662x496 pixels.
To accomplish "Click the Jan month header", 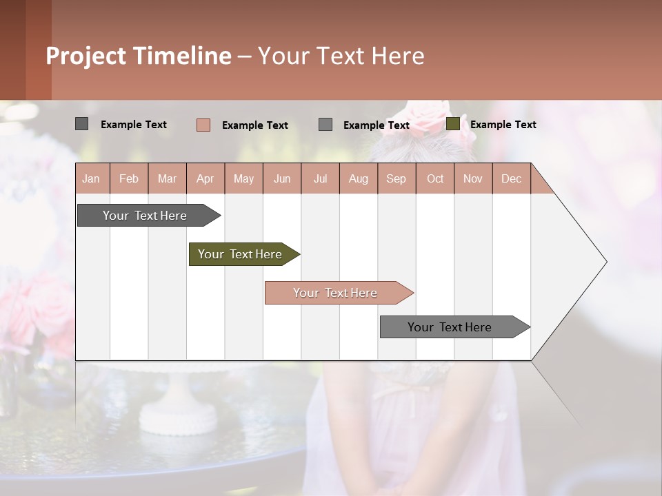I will coord(91,179).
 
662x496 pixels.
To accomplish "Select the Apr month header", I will coord(205,179).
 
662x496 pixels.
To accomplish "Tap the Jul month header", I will coord(320,179).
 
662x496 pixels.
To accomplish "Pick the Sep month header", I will coord(396,179).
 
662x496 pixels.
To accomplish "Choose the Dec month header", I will coord(511,179).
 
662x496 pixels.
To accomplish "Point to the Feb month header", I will coord(129,179).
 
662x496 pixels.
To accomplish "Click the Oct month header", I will coord(435,179).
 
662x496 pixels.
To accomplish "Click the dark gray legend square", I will coord(82,124).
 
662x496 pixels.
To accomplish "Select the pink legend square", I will coord(203,125).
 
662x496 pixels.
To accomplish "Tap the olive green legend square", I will coord(453,124).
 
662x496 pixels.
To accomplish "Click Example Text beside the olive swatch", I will coord(503,125).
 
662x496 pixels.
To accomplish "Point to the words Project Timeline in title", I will coord(139,56).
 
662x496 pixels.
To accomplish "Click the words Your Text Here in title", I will coord(341,56).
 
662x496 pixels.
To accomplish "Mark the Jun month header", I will coord(282,179).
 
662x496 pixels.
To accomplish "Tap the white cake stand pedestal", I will coord(179,406).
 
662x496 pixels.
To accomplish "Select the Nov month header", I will coord(473,179).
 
